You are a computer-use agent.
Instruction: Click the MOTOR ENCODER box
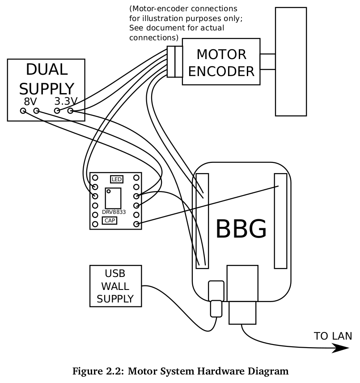coord(221,62)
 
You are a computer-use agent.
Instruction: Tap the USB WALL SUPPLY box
coord(115,286)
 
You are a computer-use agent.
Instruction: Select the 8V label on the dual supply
coord(30,102)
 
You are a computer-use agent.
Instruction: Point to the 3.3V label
coord(66,102)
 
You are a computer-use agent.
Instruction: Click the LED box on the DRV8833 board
coord(117,179)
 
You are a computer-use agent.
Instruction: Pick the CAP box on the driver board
coord(110,220)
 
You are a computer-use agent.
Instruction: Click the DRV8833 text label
coord(114,212)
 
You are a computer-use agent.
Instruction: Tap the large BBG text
coord(241,230)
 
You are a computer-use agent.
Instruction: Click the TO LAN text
coord(333,336)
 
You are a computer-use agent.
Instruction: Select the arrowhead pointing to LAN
coord(340,349)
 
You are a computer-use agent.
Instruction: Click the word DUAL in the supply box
coord(47,70)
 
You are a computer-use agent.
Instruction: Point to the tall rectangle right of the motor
coord(291,61)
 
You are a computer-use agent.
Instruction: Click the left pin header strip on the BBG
coord(203,221)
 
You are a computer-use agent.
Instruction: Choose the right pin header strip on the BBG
coord(280,221)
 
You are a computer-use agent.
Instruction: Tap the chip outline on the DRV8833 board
coord(113,198)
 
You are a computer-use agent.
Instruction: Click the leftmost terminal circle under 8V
coord(23,111)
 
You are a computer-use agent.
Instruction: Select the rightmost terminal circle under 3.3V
coord(71,111)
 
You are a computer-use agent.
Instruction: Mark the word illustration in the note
coord(169,18)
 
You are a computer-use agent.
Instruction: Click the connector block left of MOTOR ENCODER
coord(174,61)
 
